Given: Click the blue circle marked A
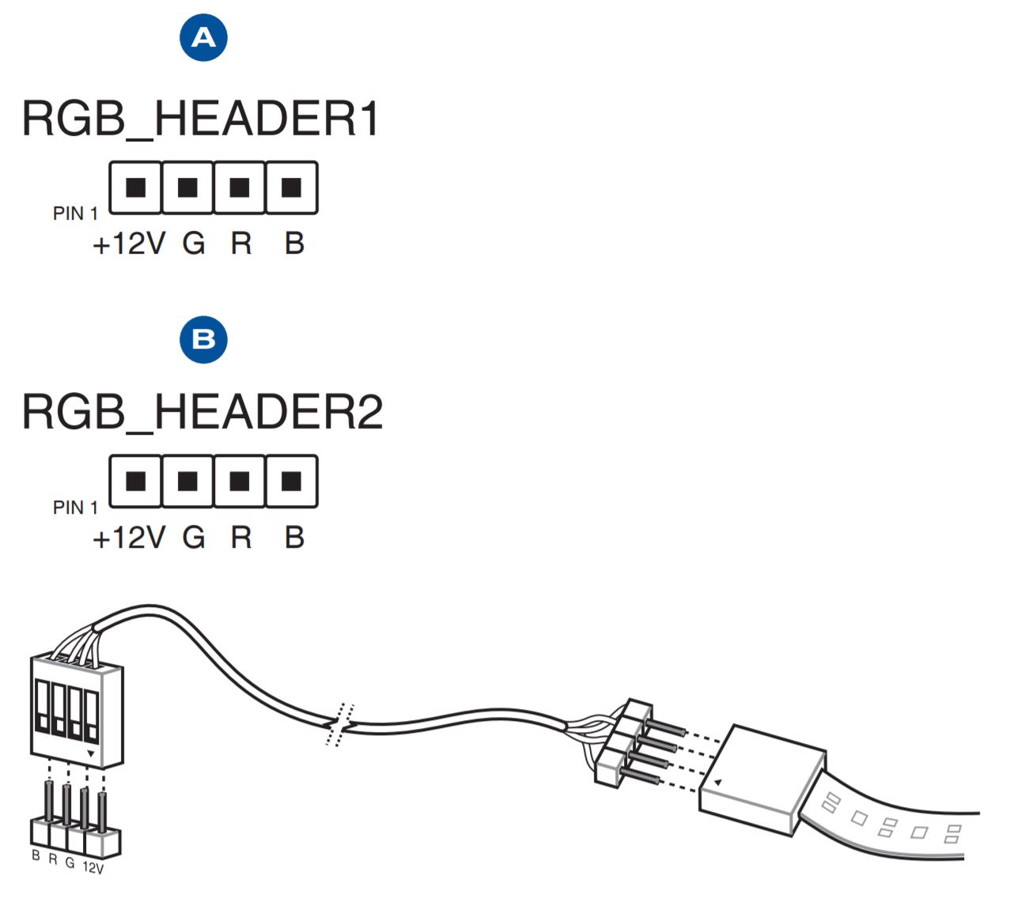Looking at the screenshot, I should click(x=203, y=37).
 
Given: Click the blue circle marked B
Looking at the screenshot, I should click(x=203, y=339).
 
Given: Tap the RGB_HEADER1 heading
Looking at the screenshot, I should click(x=201, y=119).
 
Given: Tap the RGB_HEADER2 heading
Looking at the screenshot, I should click(x=202, y=413).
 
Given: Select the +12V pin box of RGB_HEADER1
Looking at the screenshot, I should click(x=135, y=187).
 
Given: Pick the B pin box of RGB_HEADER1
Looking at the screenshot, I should click(x=291, y=187).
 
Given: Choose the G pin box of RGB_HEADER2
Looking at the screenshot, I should click(x=187, y=481).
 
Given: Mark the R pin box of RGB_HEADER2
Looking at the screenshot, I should click(x=240, y=481).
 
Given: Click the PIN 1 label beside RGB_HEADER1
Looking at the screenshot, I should click(x=75, y=213).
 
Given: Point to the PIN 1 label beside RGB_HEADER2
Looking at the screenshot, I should click(x=75, y=508).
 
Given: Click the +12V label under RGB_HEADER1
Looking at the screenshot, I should click(x=129, y=244).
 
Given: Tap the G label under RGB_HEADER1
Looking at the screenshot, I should click(x=194, y=244).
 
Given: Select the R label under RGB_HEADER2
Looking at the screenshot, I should click(x=241, y=538).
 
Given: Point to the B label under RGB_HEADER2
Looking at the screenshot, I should click(x=294, y=538).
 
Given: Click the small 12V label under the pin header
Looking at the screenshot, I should click(x=93, y=868).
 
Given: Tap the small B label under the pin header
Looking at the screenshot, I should click(x=36, y=855).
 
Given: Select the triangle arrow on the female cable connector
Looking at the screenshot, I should click(x=91, y=754).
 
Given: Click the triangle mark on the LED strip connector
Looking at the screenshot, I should click(x=717, y=783).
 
